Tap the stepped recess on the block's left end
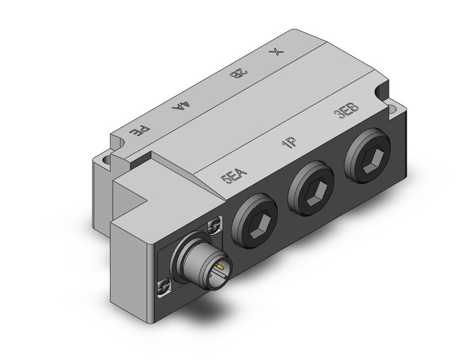pos(137,199)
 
